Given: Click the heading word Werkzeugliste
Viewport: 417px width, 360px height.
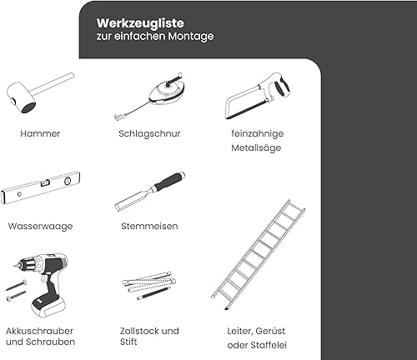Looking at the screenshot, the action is (x=140, y=23).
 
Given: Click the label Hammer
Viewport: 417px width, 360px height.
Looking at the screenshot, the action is (x=40, y=133).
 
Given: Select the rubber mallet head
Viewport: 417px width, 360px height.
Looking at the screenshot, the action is (x=21, y=97).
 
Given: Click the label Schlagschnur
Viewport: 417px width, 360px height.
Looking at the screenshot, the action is (x=149, y=133).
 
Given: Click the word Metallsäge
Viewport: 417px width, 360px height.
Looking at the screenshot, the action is (x=256, y=147).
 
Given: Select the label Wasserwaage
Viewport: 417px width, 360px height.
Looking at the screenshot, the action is (x=40, y=227).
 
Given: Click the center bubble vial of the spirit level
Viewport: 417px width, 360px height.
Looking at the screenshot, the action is (x=45, y=182).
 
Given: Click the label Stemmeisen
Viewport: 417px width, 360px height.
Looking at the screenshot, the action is (x=149, y=226).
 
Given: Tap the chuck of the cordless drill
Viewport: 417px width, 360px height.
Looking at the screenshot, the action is (x=28, y=265).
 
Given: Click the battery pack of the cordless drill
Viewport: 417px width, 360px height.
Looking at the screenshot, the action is (x=47, y=306).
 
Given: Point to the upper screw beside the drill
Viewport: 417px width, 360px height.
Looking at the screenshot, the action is (x=16, y=285).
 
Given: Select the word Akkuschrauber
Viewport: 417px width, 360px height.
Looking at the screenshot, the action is (x=39, y=331).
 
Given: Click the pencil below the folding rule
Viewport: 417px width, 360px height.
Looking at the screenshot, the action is (x=154, y=293).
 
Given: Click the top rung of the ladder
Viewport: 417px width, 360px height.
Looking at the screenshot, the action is (x=296, y=207).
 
